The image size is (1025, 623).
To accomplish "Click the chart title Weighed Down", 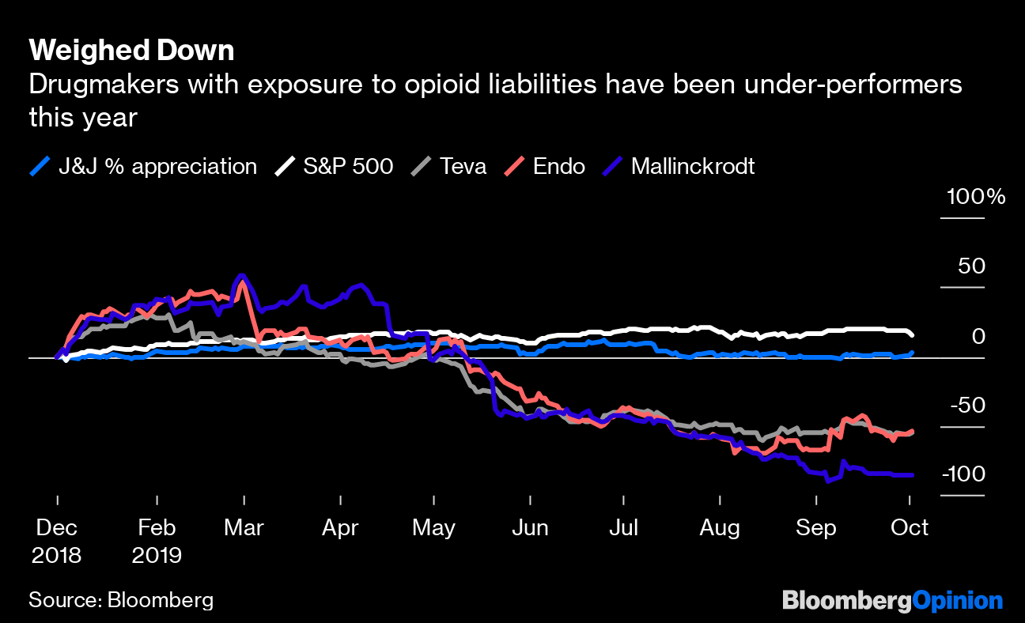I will [131, 51].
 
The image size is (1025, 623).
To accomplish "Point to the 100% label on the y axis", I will [976, 197].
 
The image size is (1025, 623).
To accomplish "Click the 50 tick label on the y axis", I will [972, 266].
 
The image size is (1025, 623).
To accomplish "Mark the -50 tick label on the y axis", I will [967, 406].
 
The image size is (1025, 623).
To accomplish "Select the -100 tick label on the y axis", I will [963, 474].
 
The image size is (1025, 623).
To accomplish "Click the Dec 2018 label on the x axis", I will [56, 541].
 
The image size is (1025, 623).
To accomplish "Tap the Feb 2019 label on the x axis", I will [157, 541].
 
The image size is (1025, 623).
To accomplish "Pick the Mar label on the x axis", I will [244, 527].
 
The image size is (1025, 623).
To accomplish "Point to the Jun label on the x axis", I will [530, 527].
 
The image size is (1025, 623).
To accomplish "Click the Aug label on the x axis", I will [720, 527].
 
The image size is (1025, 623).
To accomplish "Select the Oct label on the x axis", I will [910, 527].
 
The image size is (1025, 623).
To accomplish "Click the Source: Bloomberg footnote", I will [121, 600].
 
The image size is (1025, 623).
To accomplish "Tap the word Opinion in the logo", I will [958, 601].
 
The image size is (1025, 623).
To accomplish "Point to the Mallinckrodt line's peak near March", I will [241, 276].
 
